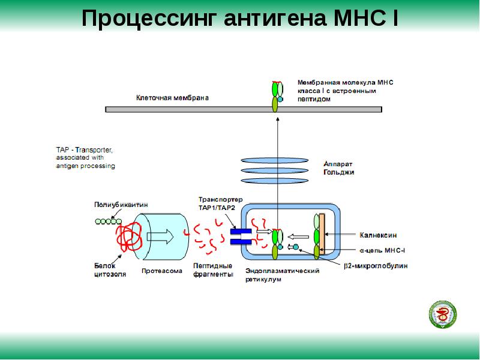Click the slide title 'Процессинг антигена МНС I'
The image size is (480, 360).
click(240, 19)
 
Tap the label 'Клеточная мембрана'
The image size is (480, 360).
click(172, 98)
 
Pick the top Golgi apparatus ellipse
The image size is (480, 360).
click(274, 160)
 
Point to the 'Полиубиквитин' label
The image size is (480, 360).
click(121, 205)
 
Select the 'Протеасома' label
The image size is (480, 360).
click(161, 271)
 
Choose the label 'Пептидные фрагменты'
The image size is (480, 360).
click(213, 270)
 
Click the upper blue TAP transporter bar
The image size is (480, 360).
click(241, 232)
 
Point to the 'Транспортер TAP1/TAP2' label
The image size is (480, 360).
click(220, 203)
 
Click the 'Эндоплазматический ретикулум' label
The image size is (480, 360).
click(282, 275)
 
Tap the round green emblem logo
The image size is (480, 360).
click(443, 315)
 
